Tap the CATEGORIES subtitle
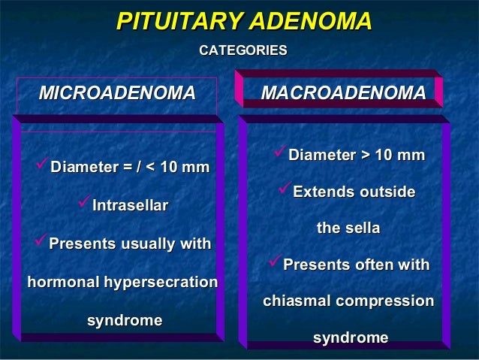pyautogui.click(x=242, y=50)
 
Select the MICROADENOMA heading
pyautogui.click(x=116, y=93)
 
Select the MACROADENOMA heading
pyautogui.click(x=342, y=93)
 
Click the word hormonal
pyautogui.click(x=63, y=283)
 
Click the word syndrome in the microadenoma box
pyautogui.click(x=125, y=321)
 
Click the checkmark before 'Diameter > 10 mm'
pyautogui.click(x=280, y=154)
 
